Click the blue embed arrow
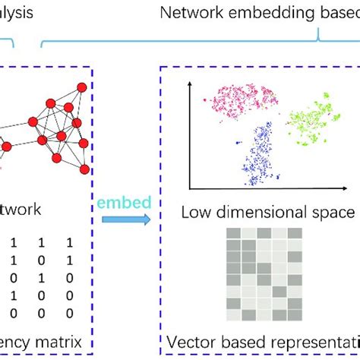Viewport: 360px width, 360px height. [126, 219]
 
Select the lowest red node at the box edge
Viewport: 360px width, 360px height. [84, 169]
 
